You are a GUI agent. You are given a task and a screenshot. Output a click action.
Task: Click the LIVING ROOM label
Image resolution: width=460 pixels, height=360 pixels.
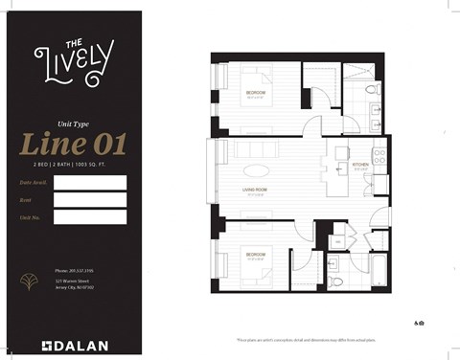[x=254, y=191]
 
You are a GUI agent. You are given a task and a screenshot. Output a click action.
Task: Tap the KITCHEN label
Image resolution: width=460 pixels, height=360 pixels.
[x=360, y=166]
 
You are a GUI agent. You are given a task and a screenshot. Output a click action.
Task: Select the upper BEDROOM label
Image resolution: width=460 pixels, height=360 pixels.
[x=255, y=93]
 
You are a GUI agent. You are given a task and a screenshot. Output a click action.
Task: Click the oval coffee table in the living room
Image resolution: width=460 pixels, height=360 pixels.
[x=256, y=172]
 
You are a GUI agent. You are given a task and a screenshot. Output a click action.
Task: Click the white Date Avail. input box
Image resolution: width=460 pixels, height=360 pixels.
[x=90, y=182]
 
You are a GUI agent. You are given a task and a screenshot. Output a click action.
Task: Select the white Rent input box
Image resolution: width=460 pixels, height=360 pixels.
[x=90, y=199]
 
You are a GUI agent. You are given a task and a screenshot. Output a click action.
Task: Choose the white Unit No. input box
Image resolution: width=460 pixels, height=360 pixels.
[x=90, y=217]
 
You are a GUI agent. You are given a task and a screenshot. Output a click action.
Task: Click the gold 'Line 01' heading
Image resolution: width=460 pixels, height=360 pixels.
[x=73, y=146]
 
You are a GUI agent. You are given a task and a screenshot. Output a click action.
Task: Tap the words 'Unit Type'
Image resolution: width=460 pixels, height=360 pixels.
[x=73, y=123]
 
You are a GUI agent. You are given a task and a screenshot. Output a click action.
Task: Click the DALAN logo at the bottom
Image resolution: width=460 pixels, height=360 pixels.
[x=73, y=344]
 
